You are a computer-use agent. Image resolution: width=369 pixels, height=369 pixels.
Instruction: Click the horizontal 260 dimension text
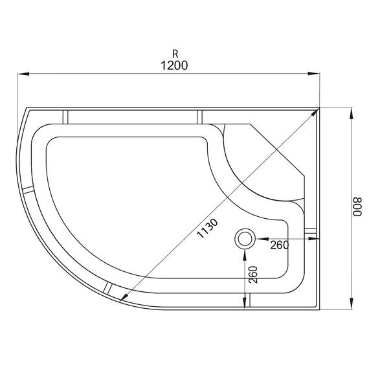coord(279,244)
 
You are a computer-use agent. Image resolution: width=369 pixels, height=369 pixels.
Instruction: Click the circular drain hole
coord(245,239)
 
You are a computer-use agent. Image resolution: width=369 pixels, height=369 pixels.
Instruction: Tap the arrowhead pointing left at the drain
coord(258,239)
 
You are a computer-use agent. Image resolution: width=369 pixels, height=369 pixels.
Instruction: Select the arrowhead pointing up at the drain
coord(245,253)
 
